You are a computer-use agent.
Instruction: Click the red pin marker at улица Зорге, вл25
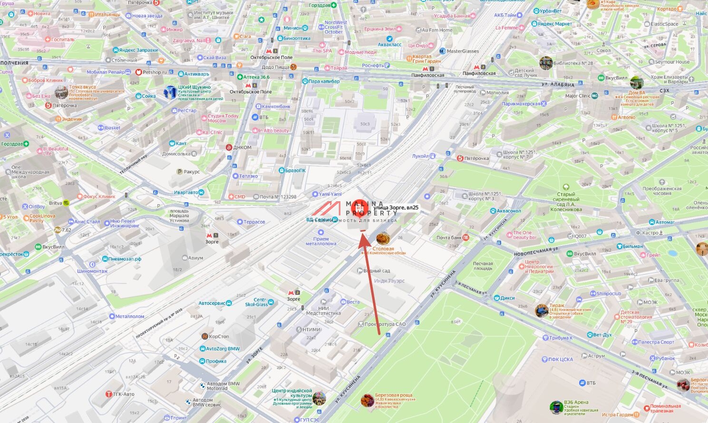click(362, 208)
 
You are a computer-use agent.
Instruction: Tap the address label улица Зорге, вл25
click(396, 207)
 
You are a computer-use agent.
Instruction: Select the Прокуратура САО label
click(385, 324)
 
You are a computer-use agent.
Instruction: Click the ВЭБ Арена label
click(576, 403)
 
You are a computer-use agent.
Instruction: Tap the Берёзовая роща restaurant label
click(393, 395)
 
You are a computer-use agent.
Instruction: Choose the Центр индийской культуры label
click(292, 393)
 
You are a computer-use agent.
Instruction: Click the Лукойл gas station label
click(420, 156)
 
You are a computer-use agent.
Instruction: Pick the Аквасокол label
click(508, 211)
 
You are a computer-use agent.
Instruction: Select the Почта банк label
click(449, 238)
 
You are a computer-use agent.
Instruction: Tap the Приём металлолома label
click(321, 241)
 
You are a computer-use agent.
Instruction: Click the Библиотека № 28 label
click(573, 63)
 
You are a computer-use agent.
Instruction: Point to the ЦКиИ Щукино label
click(194, 87)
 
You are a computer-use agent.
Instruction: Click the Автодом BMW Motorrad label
click(216, 386)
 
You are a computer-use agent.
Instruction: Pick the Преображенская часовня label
click(662, 191)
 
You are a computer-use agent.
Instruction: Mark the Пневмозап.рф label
click(125, 259)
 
